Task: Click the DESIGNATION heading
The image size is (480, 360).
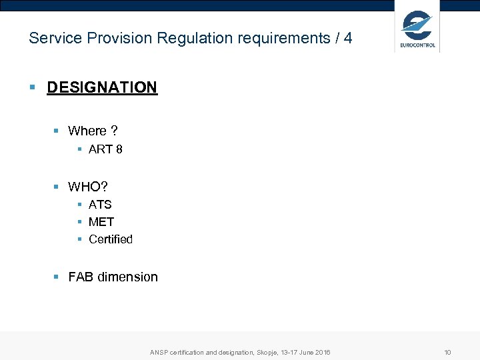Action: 102,87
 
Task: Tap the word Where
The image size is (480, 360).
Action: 87,131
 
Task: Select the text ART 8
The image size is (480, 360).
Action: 105,149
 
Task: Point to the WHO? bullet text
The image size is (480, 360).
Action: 88,186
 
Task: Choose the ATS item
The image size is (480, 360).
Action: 100,205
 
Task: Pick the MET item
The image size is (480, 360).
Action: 101,222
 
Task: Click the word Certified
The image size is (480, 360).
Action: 111,239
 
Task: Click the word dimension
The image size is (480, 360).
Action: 128,277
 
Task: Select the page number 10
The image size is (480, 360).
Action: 448,352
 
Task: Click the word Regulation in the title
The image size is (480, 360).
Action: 190,38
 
